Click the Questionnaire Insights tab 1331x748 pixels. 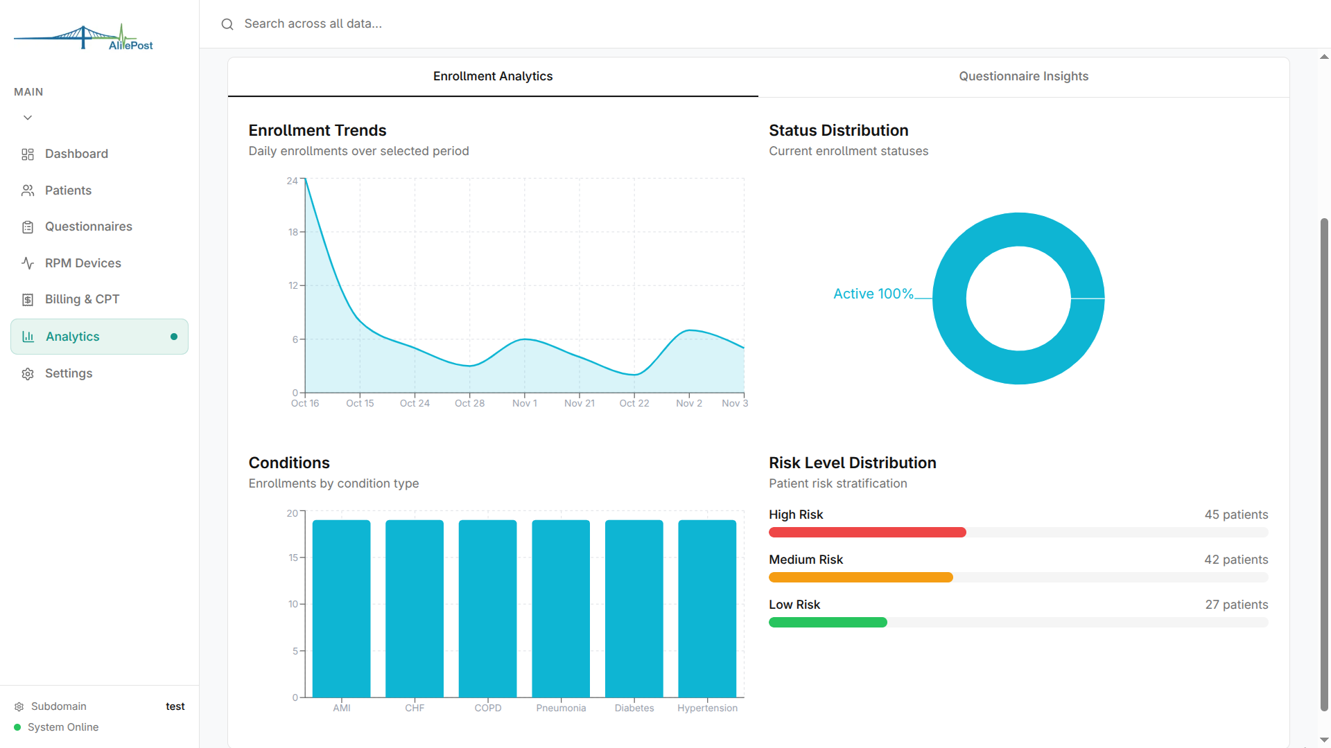pyautogui.click(x=1023, y=76)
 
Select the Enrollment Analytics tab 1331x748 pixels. pyautogui.click(x=492, y=76)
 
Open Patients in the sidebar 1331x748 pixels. pyautogui.click(x=68, y=190)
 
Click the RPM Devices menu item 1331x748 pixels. pyautogui.click(x=82, y=263)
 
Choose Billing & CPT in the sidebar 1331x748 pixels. pyautogui.click(x=82, y=299)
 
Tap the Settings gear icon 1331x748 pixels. pyautogui.click(x=28, y=374)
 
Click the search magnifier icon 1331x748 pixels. pyautogui.click(x=227, y=24)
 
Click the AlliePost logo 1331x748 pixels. pyautogui.click(x=84, y=37)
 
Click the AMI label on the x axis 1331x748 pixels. pyautogui.click(x=342, y=708)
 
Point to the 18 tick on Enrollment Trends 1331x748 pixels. pyautogui.click(x=293, y=232)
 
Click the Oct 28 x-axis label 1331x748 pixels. pyautogui.click(x=469, y=403)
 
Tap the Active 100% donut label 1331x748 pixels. pyautogui.click(x=873, y=294)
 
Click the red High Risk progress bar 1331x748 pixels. pyautogui.click(x=867, y=533)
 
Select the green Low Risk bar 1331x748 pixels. pyautogui.click(x=828, y=623)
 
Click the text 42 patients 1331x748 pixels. pyautogui.click(x=1235, y=560)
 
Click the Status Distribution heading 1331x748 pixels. pyautogui.click(x=838, y=130)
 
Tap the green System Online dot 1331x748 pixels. pyautogui.click(x=17, y=727)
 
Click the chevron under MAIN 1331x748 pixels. pyautogui.click(x=28, y=118)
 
